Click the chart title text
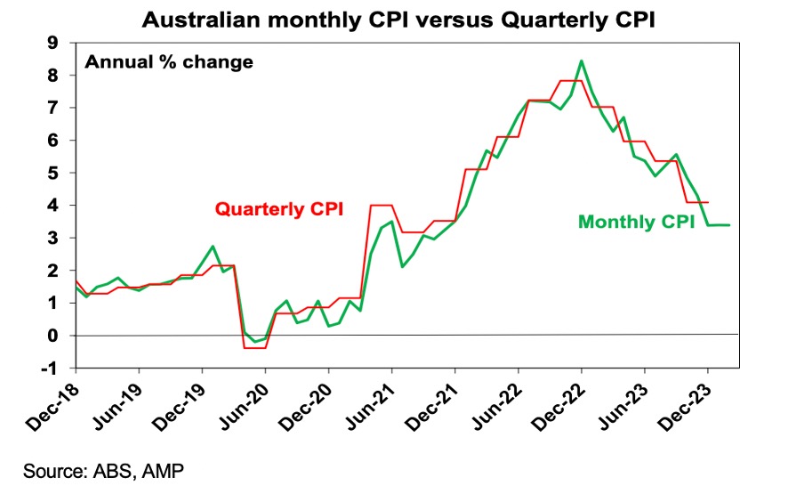click(x=401, y=17)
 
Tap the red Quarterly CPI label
click(x=278, y=210)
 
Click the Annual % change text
click(x=168, y=62)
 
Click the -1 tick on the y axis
click(x=56, y=368)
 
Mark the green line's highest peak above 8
click(x=581, y=61)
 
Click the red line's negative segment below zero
click(x=254, y=347)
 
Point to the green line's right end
click(x=729, y=224)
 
